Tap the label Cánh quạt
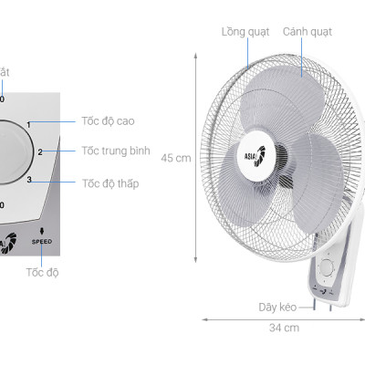point(307,32)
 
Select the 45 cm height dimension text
point(176,157)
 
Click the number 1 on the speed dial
point(28,124)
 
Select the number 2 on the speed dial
point(40,151)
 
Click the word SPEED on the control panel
point(43,242)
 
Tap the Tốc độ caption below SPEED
point(42,272)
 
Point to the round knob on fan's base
point(326,267)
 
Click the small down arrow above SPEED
point(43,231)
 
